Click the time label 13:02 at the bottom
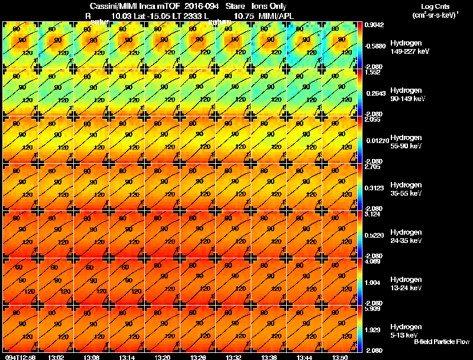(56, 357)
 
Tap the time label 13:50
(340, 357)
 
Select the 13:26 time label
(198, 357)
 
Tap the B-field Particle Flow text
(441, 342)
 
